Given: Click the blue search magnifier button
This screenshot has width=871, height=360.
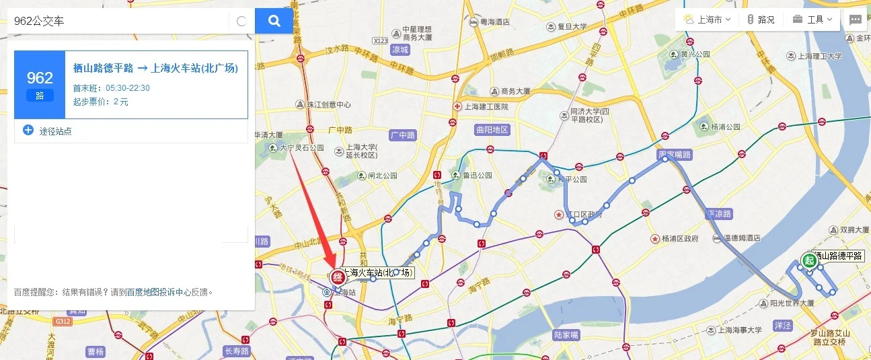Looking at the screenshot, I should (x=274, y=21).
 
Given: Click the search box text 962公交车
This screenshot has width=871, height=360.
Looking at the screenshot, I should (x=40, y=22).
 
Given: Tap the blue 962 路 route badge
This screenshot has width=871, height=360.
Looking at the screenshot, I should (x=40, y=85).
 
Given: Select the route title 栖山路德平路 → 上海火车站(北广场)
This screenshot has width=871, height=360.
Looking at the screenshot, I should (x=155, y=68).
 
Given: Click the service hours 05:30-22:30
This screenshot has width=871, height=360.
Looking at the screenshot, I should (x=128, y=88).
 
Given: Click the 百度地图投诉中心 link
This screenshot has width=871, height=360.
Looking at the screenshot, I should (x=158, y=292).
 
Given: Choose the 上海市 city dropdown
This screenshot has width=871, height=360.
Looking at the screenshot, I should (x=708, y=20).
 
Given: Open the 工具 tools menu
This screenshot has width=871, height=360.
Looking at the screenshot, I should (x=812, y=20).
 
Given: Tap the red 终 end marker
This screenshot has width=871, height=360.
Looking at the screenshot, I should (x=337, y=277).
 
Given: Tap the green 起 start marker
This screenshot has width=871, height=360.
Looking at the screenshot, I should (x=809, y=260).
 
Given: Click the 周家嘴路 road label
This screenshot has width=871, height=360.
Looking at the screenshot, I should (x=675, y=155).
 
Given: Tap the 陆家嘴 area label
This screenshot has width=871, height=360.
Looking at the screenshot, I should (x=566, y=334).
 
